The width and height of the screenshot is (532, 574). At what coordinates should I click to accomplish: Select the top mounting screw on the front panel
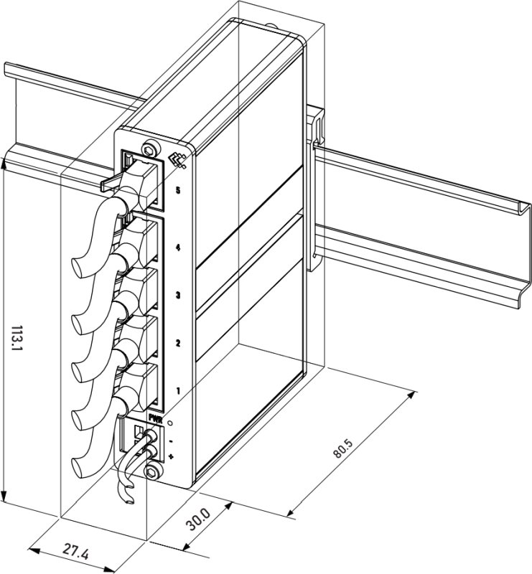pos(149,150)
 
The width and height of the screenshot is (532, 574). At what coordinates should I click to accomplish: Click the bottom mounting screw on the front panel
pos(151,471)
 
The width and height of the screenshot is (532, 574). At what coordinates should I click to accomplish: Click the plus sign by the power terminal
pos(172,456)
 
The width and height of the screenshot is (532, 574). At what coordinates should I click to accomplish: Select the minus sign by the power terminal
pos(171,439)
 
